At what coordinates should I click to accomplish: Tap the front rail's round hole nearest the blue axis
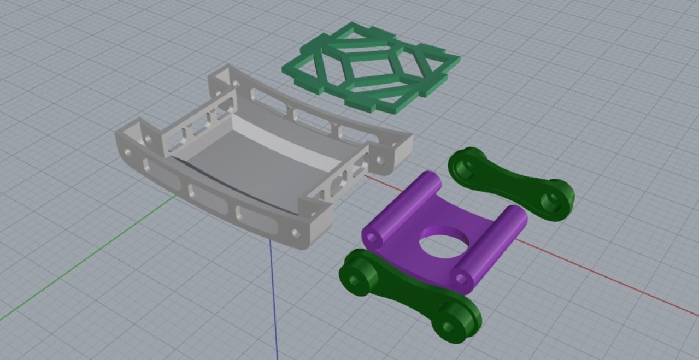(296, 233)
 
